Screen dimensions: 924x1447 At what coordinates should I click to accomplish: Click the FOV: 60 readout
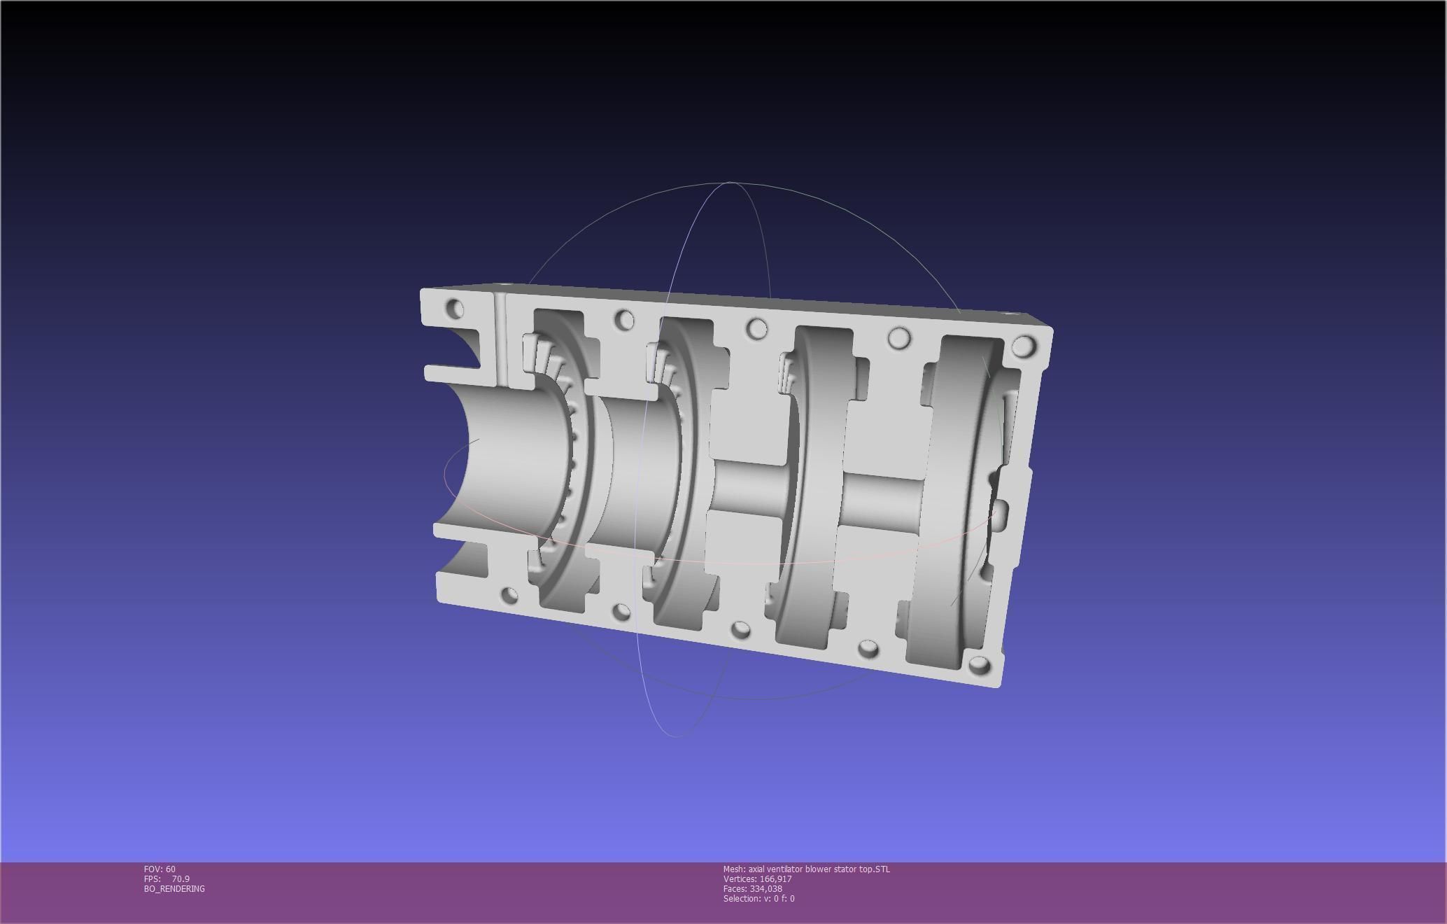coord(160,869)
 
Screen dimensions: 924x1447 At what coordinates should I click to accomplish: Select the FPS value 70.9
coord(180,878)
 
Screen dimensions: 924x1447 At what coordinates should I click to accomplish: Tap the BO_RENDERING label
coord(174,888)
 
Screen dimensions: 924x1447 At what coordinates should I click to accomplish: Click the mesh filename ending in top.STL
coord(806,869)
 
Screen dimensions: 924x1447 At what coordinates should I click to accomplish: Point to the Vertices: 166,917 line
coord(757,878)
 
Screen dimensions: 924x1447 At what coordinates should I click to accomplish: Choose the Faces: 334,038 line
coord(752,888)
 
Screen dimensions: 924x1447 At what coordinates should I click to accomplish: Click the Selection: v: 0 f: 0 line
coord(758,898)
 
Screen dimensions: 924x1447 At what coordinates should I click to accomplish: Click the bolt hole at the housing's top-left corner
coord(455,308)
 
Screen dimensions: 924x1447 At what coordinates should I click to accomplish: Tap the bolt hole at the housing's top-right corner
coord(1024,345)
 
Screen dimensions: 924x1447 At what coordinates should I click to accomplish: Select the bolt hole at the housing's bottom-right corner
coord(979,665)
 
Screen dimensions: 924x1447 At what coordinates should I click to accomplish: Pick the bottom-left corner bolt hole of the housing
coord(510,596)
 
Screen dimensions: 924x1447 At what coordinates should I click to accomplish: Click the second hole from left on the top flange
coord(624,320)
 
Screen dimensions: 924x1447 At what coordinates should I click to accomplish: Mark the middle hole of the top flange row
coord(756,328)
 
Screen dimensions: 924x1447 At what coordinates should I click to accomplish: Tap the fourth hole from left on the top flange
coord(899,339)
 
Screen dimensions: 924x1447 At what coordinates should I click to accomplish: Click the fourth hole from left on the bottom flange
coord(868,648)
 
